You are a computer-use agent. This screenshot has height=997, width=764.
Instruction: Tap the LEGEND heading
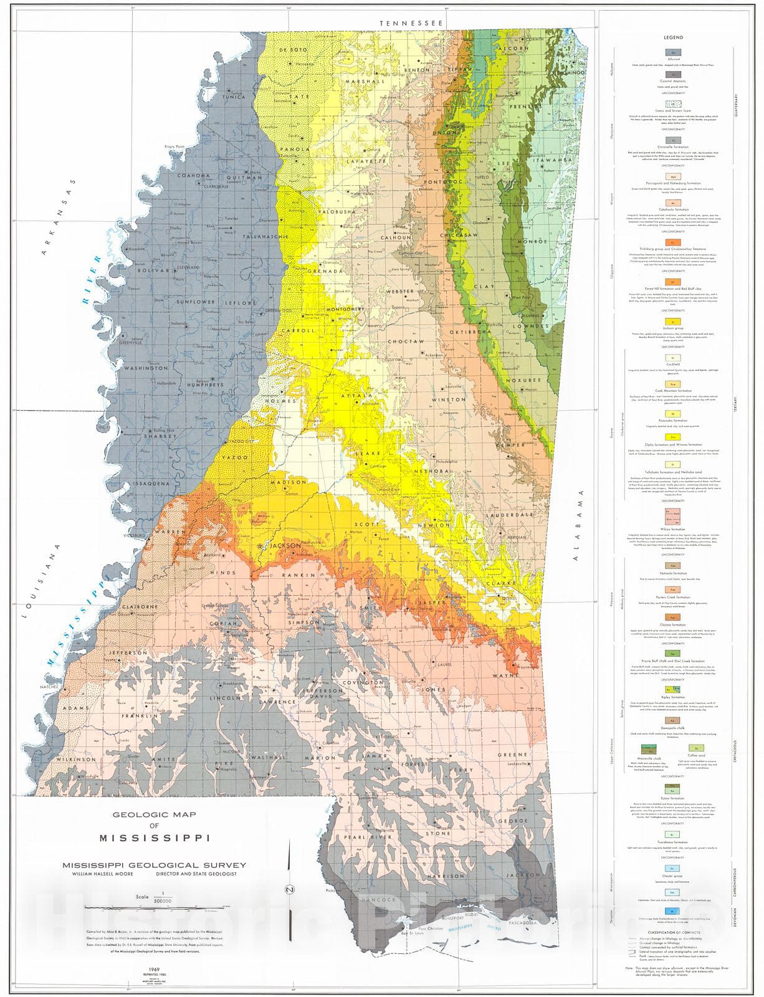[x=674, y=37]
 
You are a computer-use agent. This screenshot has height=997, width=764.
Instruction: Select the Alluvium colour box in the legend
[x=673, y=53]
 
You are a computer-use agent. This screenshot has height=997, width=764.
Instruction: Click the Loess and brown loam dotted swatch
[x=673, y=105]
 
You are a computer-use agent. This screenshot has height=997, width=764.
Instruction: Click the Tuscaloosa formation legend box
[x=673, y=834]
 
